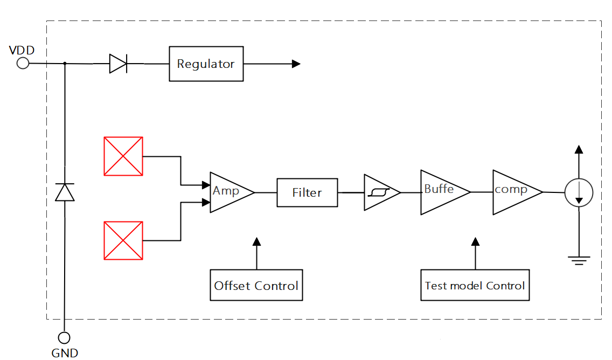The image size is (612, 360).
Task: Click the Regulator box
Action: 206,64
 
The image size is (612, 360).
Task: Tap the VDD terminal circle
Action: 23,64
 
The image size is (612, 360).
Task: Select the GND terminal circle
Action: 64,338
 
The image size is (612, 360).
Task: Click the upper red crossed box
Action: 123,156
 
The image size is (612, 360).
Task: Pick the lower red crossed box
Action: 123,240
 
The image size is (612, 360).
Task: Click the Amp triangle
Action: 228,192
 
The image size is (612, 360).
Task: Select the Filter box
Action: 307,192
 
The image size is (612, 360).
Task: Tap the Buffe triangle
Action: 441,192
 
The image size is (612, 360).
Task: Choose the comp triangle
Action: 513,192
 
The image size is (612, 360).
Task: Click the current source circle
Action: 579,192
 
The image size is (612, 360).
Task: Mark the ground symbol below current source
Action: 579,260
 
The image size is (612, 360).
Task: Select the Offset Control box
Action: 256,285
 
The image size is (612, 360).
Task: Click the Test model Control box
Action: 475,285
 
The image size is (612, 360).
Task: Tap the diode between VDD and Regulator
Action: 117,64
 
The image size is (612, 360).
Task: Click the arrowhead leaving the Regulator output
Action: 296,64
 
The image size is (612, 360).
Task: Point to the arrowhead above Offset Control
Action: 256,242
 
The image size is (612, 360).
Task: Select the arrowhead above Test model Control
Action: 475,242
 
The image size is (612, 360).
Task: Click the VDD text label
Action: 22,51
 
